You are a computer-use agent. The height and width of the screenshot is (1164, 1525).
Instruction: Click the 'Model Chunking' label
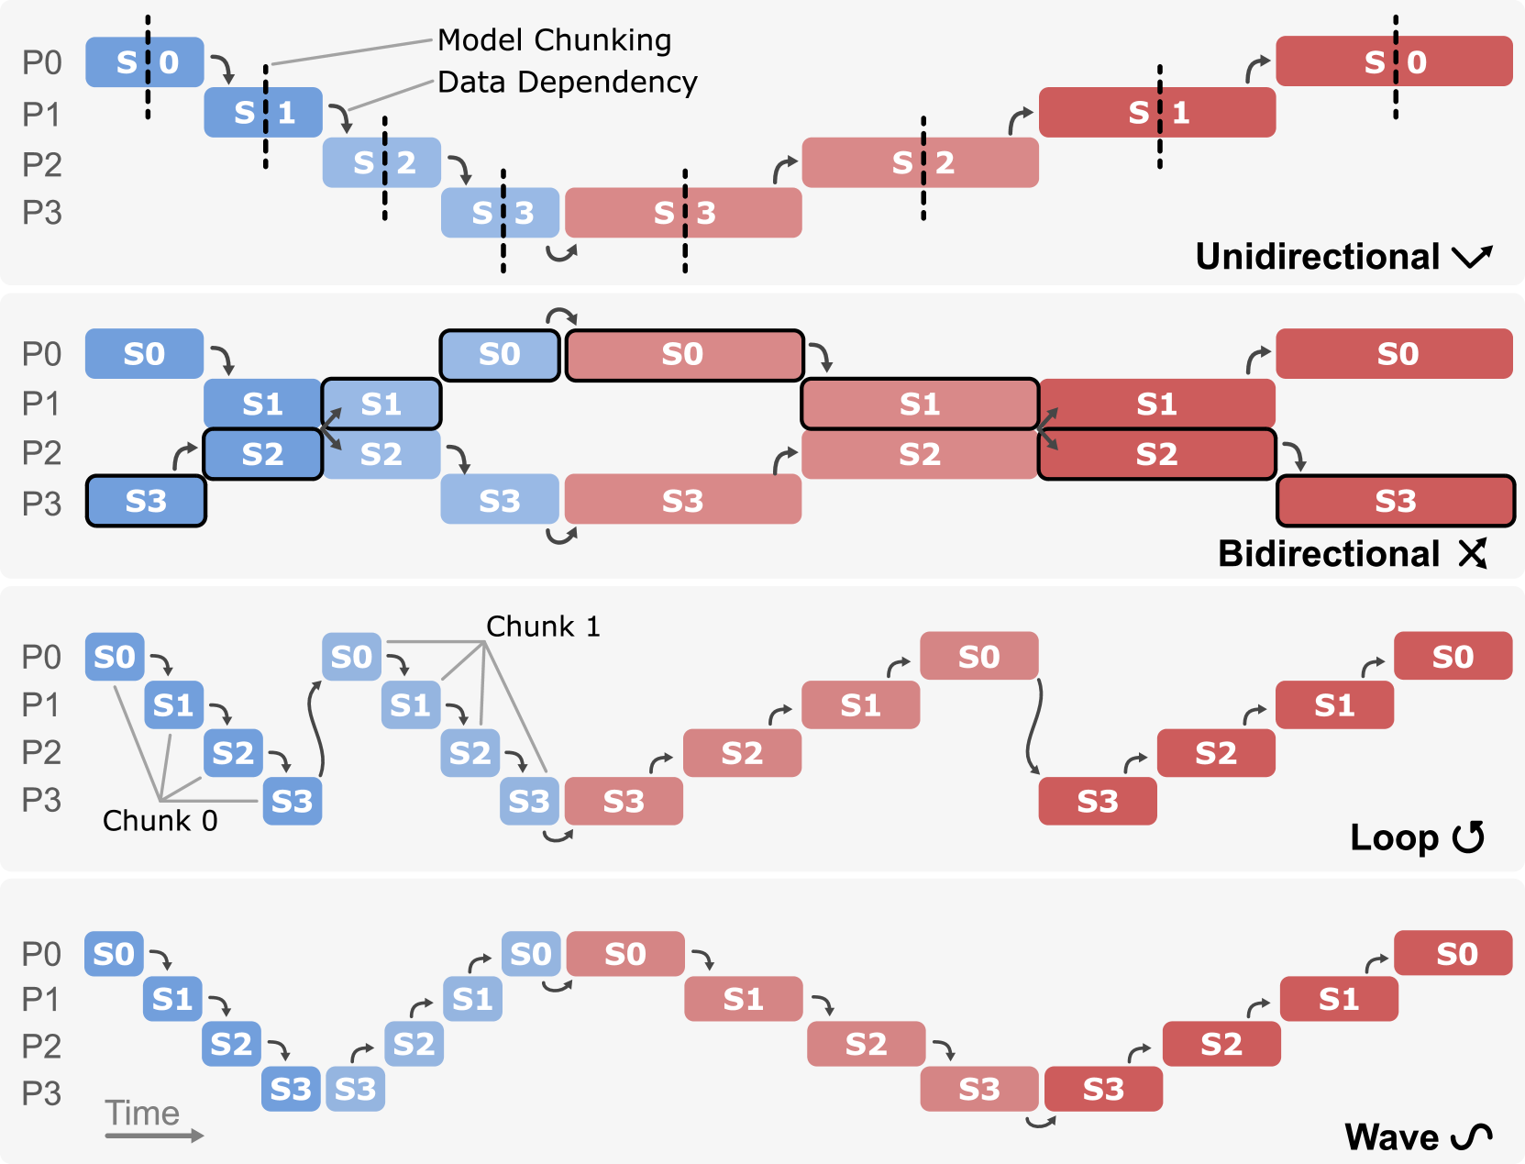tap(554, 40)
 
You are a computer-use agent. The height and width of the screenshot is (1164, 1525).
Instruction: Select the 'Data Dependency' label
tap(567, 83)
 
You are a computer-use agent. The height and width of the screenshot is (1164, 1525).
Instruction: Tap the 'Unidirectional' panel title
tap(1317, 257)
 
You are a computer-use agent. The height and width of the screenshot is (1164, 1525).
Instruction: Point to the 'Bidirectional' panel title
tap(1329, 554)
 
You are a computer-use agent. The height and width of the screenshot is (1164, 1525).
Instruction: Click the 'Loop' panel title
tap(1394, 837)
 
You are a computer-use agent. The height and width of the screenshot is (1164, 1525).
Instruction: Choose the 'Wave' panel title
tap(1392, 1137)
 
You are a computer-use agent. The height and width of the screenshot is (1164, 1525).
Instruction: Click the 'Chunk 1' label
tap(543, 626)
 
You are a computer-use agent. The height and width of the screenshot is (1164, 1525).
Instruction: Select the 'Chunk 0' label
tap(160, 821)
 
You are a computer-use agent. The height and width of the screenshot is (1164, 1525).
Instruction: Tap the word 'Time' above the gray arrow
tap(142, 1113)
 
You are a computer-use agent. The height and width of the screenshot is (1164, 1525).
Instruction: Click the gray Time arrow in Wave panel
tap(153, 1136)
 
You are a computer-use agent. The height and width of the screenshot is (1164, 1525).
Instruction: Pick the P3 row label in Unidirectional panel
tap(42, 213)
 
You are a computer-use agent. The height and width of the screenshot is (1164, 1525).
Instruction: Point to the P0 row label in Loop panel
tap(41, 658)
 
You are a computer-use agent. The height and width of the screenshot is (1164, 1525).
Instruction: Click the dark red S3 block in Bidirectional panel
tap(1395, 501)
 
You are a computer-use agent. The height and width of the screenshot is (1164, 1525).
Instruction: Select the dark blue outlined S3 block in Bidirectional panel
tap(146, 501)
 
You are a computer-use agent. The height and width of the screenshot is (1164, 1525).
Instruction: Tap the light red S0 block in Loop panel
tap(978, 657)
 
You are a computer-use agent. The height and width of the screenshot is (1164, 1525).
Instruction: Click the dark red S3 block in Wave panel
tap(1103, 1089)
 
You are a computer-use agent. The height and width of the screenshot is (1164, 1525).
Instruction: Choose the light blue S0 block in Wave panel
tap(531, 954)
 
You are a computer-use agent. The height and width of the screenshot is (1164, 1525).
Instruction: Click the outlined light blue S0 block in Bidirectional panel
tap(500, 354)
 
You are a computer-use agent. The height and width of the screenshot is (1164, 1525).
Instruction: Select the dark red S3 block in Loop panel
tap(1097, 802)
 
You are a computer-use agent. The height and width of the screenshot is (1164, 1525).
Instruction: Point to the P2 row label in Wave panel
tap(41, 1047)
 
